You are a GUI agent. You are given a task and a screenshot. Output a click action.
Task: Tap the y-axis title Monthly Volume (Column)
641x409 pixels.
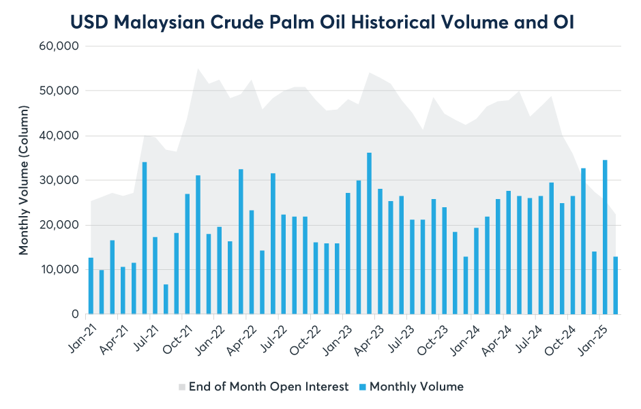(x=24, y=180)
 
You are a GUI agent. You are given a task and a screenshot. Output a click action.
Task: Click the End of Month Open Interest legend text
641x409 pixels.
(x=269, y=387)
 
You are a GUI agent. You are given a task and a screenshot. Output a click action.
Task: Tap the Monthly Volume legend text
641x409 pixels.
(x=416, y=387)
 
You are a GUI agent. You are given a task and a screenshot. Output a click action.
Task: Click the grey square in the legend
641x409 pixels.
(x=181, y=387)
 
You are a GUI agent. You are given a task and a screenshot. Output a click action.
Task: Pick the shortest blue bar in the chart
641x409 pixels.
(x=166, y=299)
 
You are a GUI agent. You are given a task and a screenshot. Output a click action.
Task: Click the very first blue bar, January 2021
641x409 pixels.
(x=91, y=286)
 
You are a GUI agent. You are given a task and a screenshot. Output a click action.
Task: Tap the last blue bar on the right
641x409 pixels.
(x=615, y=285)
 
